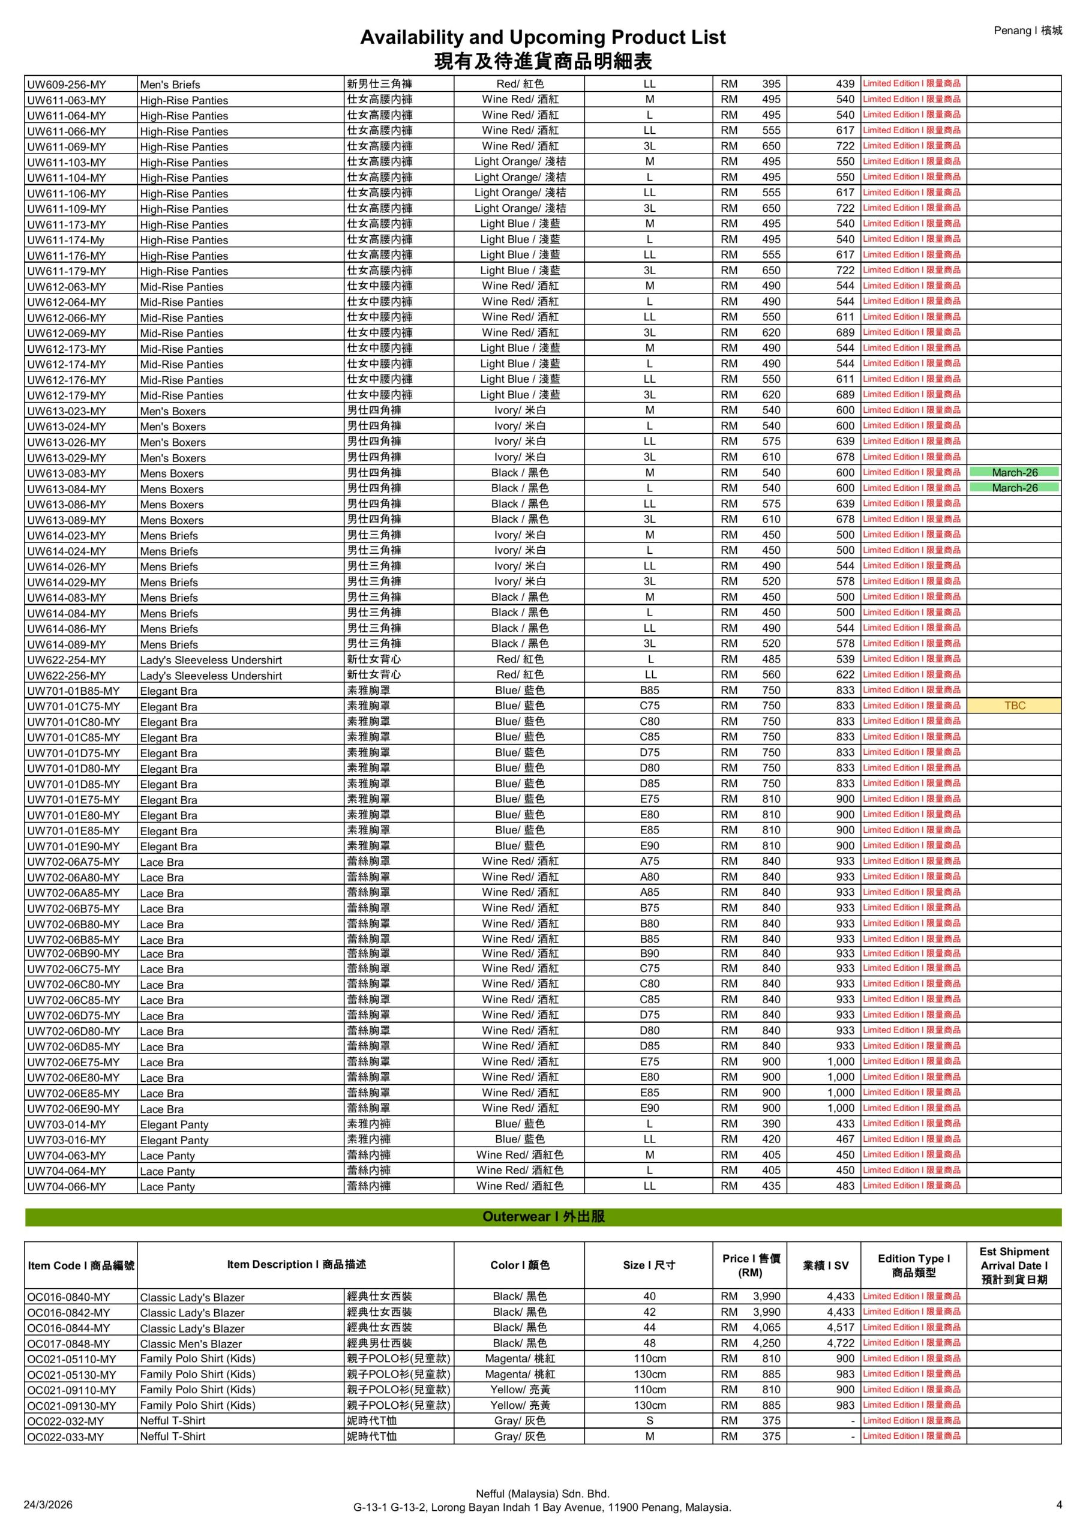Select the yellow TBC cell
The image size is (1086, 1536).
(x=1014, y=706)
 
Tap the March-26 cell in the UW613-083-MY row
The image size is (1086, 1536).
(x=1014, y=473)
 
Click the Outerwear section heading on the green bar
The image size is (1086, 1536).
(x=544, y=1216)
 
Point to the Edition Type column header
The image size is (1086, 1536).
(x=913, y=1265)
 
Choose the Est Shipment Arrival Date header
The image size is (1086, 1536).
(x=1014, y=1265)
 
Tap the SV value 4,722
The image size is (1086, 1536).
(x=841, y=1343)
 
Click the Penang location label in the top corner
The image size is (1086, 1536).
(x=1027, y=30)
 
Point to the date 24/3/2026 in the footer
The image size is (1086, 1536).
(x=48, y=1505)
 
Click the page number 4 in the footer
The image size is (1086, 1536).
(x=1058, y=1505)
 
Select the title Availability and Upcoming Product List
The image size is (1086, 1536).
(x=542, y=37)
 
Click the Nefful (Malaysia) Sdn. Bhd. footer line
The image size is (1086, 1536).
(x=542, y=1494)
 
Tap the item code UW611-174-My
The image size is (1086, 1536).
(x=65, y=240)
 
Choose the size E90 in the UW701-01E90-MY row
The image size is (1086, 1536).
(x=649, y=846)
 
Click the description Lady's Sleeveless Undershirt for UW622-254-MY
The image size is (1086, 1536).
(x=211, y=660)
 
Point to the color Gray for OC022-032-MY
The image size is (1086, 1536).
(x=519, y=1421)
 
